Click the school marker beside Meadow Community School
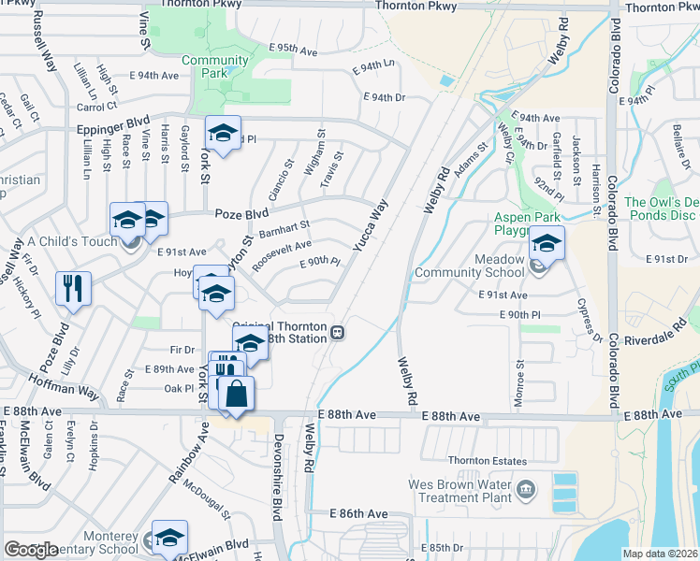point(546,244)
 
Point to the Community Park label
point(215,66)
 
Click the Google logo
point(31,549)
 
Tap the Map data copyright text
point(660,554)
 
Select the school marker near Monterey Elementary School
point(170,537)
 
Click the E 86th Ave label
point(358,514)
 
